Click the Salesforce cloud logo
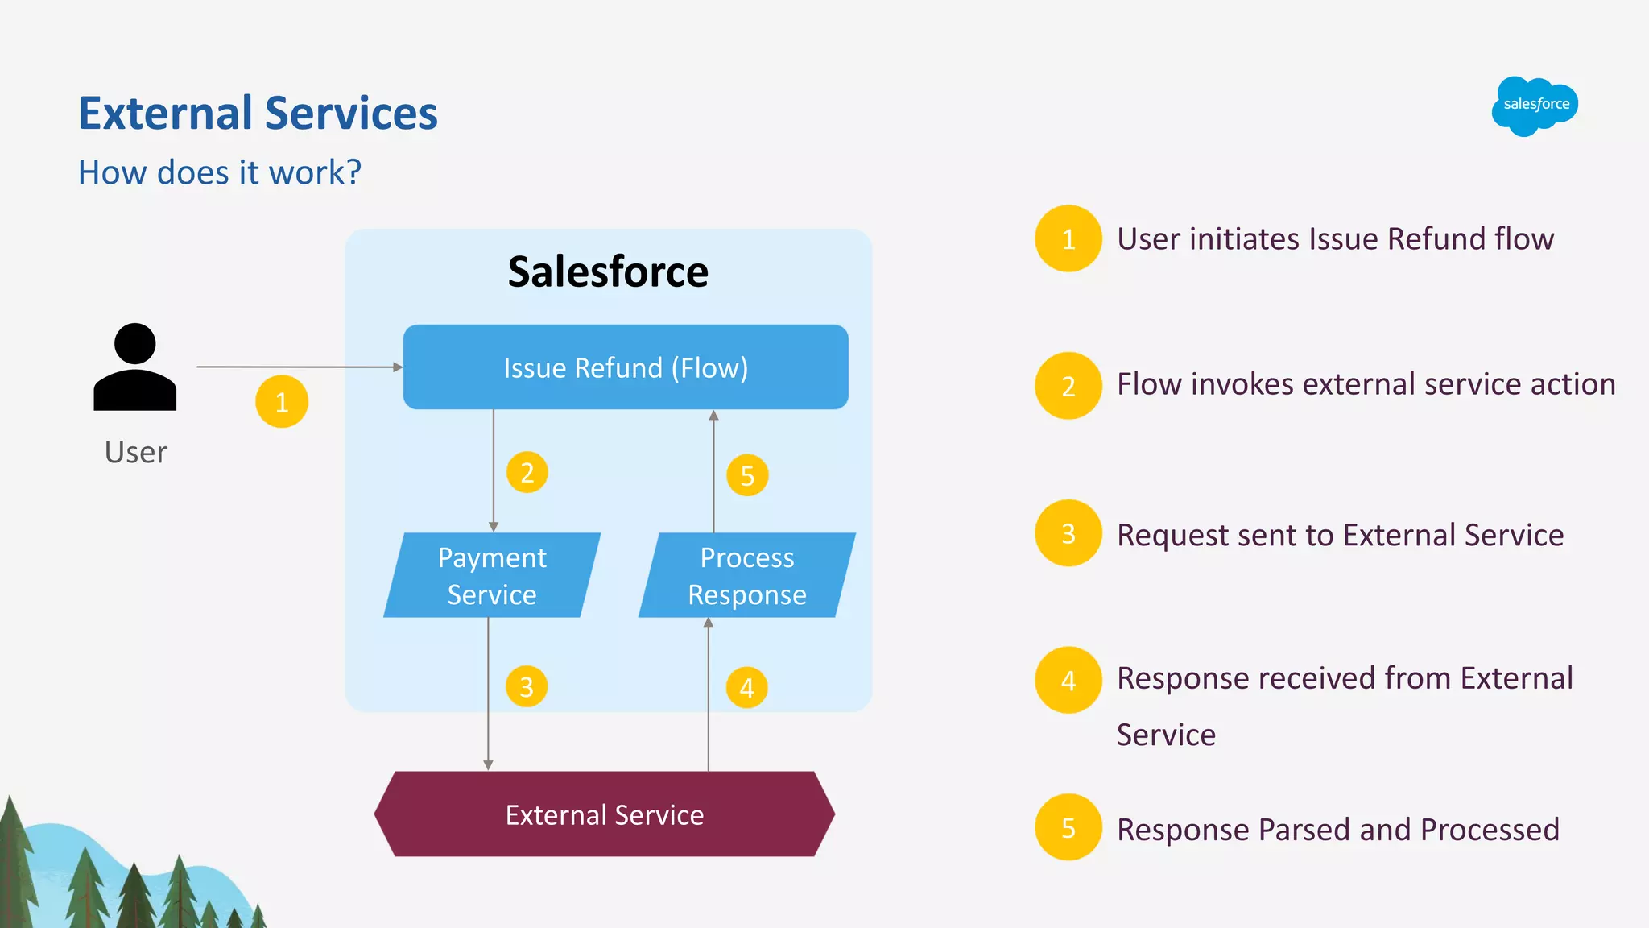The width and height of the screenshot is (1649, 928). (1535, 106)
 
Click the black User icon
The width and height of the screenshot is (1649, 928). (135, 368)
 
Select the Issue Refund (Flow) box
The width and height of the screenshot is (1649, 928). (626, 367)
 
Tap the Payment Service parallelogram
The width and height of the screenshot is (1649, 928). (492, 575)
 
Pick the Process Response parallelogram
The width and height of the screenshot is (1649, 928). (746, 575)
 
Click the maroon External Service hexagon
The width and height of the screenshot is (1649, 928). (605, 814)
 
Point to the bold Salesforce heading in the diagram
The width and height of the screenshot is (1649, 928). (608, 271)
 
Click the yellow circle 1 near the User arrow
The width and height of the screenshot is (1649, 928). (282, 401)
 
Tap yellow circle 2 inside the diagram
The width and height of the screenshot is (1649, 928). (527, 472)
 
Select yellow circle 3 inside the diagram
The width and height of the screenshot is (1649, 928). (527, 686)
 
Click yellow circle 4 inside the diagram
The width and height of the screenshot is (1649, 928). (747, 688)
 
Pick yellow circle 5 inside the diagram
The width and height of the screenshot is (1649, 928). (747, 475)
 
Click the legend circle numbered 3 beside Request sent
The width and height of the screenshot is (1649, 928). (1068, 533)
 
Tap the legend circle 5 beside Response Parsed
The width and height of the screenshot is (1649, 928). (1068, 827)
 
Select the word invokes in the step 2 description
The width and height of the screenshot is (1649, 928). (1243, 384)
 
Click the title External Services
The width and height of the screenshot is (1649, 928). (258, 113)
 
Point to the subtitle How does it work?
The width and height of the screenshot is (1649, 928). (220, 172)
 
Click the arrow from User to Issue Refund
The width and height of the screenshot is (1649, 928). (298, 367)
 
